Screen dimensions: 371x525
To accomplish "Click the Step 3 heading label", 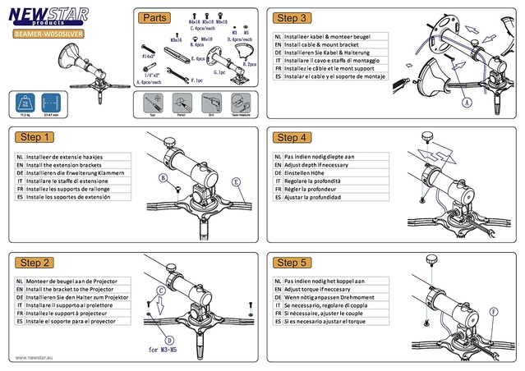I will pyautogui.click(x=292, y=17).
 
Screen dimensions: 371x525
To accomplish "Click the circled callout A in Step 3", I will pyautogui.click(x=467, y=104).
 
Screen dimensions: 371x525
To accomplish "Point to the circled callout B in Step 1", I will pyautogui.click(x=163, y=177).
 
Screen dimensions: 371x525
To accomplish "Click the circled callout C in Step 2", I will pyautogui.click(x=161, y=291).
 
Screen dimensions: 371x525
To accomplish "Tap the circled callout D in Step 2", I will pyautogui.click(x=168, y=339).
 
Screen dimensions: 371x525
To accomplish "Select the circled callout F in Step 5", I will pyautogui.click(x=493, y=312).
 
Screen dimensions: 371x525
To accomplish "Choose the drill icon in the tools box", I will pyautogui.click(x=209, y=104).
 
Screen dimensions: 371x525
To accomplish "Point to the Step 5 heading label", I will pyautogui.click(x=292, y=263).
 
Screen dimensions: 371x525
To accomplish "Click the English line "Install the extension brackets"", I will pyautogui.click(x=67, y=164).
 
